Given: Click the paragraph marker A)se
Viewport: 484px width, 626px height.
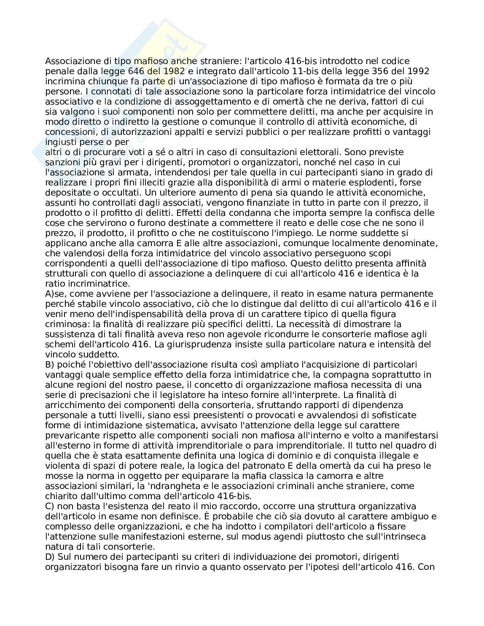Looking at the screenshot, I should click(x=53, y=294).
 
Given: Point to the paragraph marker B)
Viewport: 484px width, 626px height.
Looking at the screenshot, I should click(x=49, y=365).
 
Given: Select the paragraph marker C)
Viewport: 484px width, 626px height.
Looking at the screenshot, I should click(x=49, y=506).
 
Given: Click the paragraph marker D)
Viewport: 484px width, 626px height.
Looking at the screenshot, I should click(x=49, y=557).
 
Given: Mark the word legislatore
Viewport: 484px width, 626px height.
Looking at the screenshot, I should click(x=249, y=395).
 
